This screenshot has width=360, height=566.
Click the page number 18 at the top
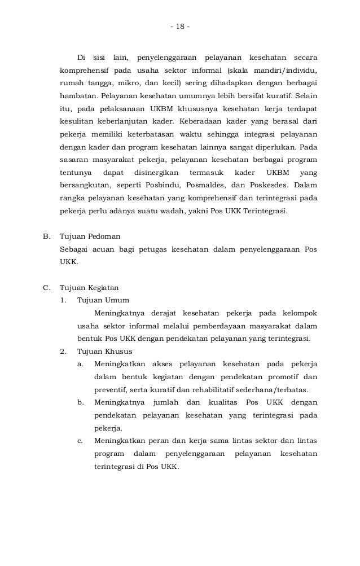tap(180, 27)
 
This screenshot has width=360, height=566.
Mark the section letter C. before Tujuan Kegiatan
tap(47, 287)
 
